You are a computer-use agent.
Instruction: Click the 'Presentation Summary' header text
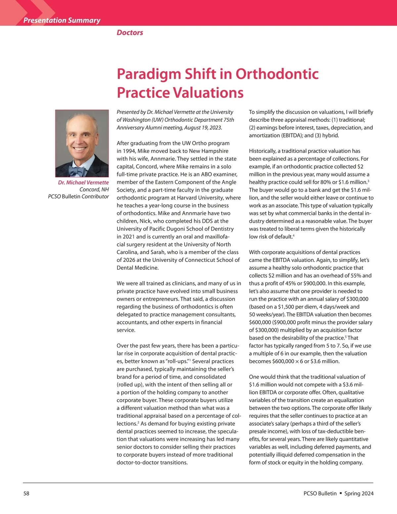tap(62, 20)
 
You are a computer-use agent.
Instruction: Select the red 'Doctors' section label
tap(130, 32)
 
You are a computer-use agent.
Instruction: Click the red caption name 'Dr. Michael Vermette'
tap(83, 182)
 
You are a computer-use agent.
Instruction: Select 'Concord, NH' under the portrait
tap(94, 189)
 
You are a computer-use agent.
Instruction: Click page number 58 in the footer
tap(26, 493)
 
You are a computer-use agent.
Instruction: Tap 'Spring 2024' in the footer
tap(359, 493)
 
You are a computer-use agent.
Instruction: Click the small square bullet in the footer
tap(340, 493)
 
